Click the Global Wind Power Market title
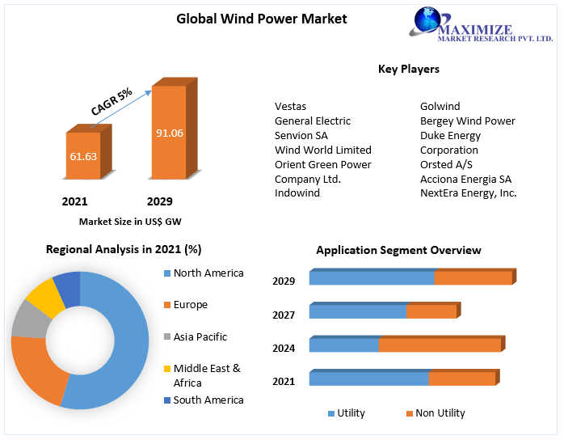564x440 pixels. click(x=261, y=19)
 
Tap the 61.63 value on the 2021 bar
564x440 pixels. click(x=83, y=155)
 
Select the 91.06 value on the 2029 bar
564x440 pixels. click(x=170, y=133)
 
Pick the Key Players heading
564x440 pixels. click(x=408, y=70)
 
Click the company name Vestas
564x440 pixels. click(x=290, y=106)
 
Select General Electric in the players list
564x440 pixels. click(x=313, y=121)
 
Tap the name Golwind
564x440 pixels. click(x=440, y=106)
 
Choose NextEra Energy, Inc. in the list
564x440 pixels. click(x=468, y=193)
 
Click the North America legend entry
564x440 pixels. click(x=208, y=273)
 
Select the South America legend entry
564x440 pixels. click(x=208, y=400)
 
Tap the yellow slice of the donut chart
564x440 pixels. click(x=45, y=298)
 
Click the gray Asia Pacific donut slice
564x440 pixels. click(x=29, y=319)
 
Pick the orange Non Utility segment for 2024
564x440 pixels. click(x=440, y=345)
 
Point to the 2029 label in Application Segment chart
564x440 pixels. click(x=284, y=281)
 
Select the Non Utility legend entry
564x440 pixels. click(x=440, y=413)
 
